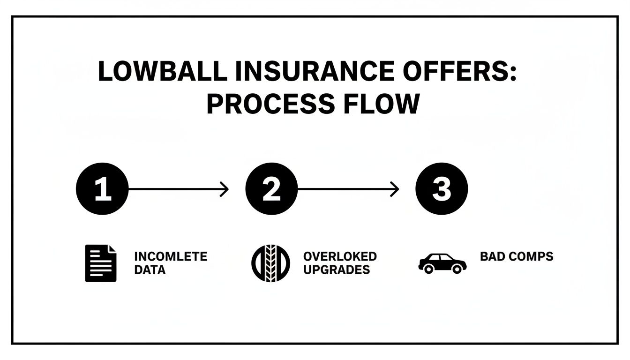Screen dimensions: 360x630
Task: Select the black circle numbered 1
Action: coord(102,189)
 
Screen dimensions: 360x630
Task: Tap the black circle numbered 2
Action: coord(271,189)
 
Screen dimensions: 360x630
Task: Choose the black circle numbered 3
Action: coord(442,189)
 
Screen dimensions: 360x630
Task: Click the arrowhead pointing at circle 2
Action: coord(225,189)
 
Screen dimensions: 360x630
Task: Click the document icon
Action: coord(100,263)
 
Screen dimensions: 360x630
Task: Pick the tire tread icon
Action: coord(271,263)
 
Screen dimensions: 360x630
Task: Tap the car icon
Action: coord(442,263)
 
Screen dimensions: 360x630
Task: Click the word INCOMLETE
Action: coord(171,256)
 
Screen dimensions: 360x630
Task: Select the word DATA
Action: coord(150,270)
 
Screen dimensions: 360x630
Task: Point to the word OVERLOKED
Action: coord(340,256)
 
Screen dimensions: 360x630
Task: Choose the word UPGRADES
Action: coord(337,270)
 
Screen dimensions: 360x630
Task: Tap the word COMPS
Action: coord(531,256)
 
